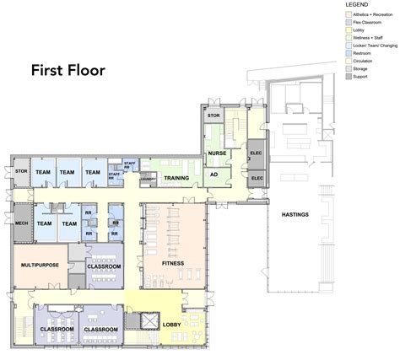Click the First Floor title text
tap(68, 70)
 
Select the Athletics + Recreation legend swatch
tap(348, 13)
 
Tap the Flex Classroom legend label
tap(370, 22)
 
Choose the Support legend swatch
tap(348, 77)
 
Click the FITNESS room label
tap(172, 263)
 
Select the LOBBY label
tap(172, 324)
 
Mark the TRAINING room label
tap(176, 178)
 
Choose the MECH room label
tap(22, 224)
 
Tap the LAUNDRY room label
tap(148, 179)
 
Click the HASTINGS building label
tap(295, 214)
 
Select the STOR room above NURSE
tap(214, 116)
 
